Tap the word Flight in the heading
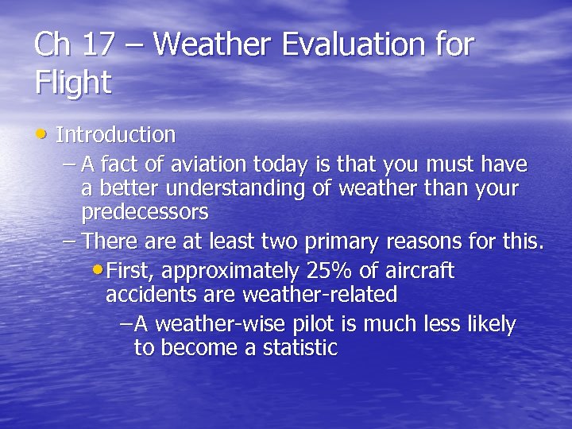click(73, 83)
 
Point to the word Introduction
click(116, 134)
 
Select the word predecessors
click(145, 212)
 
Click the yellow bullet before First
click(98, 270)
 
